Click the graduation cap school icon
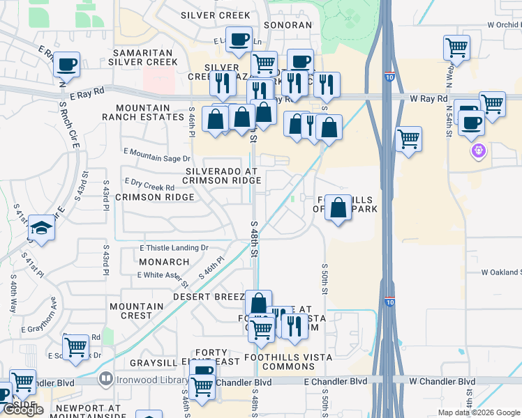[x=42, y=229]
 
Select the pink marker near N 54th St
[x=478, y=150]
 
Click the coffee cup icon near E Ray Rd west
[x=67, y=65]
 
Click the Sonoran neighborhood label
[x=289, y=25]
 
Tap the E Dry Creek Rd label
[x=149, y=185]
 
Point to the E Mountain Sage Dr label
[x=156, y=155]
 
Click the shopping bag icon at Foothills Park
[x=338, y=208]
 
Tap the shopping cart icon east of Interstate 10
[x=408, y=138]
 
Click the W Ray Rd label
[x=428, y=99]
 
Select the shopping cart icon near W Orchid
[x=456, y=48]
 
